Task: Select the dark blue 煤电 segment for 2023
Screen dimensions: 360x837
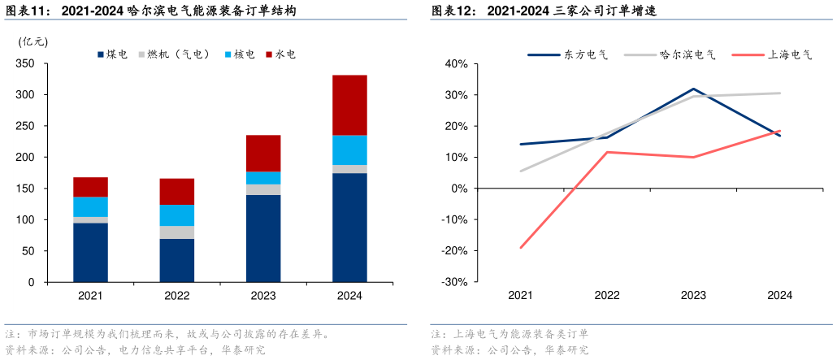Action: point(262,238)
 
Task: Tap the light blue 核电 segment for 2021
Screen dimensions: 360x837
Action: point(90,206)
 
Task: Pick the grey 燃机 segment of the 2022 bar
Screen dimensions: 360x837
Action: point(176,232)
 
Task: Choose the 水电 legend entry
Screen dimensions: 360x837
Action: point(279,54)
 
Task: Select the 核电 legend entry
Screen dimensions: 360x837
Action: point(238,54)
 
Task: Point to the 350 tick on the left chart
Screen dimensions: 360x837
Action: point(26,63)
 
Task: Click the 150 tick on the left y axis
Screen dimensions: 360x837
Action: point(26,189)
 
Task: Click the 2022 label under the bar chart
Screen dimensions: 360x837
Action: point(176,296)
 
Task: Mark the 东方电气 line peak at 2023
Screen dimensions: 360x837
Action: point(693,89)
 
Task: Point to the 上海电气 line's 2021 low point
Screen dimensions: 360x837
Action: point(520,248)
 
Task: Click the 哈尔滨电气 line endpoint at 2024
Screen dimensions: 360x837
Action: point(780,93)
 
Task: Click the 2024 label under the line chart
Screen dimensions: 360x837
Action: point(780,296)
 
